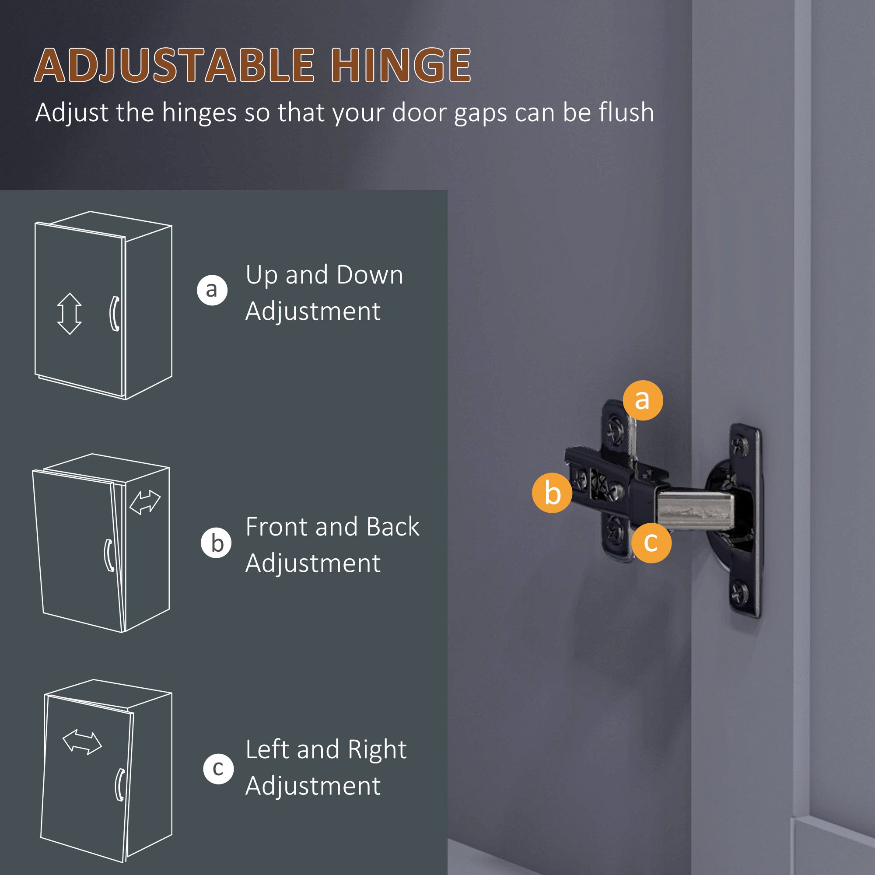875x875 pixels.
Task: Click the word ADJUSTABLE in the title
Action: tap(175, 66)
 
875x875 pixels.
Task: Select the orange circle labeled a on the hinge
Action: tap(643, 400)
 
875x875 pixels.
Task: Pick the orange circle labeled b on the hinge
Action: tap(552, 493)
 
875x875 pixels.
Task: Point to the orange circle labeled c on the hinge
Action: tap(651, 542)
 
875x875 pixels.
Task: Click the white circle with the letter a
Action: tap(212, 290)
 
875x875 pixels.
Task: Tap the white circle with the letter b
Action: tap(216, 543)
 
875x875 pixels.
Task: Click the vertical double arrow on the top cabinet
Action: tap(69, 313)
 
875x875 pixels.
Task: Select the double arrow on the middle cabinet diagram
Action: tap(145, 502)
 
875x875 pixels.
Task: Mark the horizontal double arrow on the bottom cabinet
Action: tap(82, 742)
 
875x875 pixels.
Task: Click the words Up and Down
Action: tap(324, 275)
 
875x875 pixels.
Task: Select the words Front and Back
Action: tap(332, 527)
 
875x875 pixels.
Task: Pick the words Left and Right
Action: tap(326, 749)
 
